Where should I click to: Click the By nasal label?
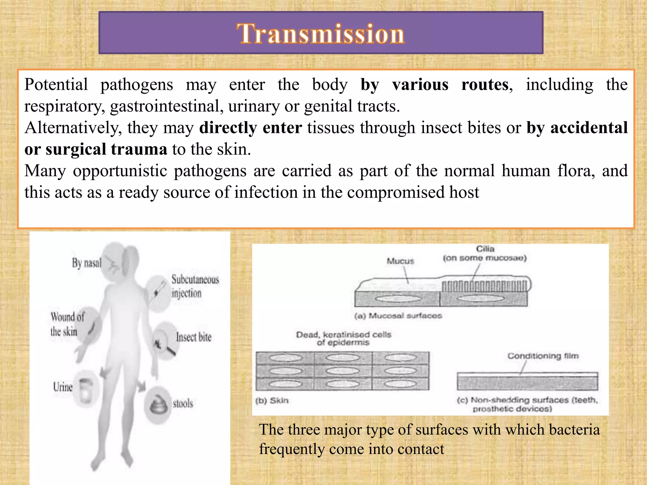click(87, 263)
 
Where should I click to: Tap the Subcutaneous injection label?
click(195, 286)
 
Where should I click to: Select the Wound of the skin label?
click(67, 324)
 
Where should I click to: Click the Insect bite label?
click(194, 337)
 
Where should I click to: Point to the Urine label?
click(63, 387)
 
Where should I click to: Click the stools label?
click(183, 404)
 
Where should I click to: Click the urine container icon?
click(86, 391)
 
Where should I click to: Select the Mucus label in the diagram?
click(400, 261)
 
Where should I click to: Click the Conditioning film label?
click(543, 356)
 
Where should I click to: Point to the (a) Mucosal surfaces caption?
click(398, 316)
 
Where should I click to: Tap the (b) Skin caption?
click(272, 401)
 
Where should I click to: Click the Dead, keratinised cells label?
click(343, 338)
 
